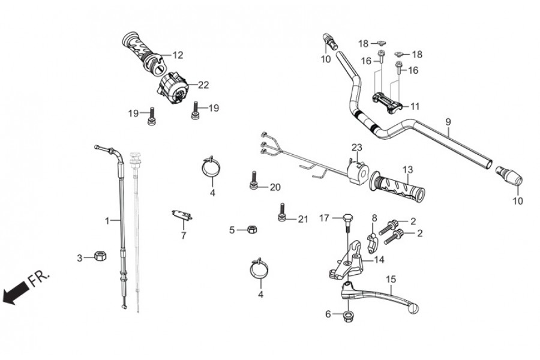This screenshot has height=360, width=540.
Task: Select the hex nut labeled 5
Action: (x=253, y=229)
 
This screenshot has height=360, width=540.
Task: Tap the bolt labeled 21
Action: (x=281, y=214)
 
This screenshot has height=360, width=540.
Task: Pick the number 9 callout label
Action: (x=448, y=122)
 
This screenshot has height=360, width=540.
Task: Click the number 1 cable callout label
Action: (x=108, y=221)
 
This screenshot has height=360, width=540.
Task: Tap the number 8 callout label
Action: (x=374, y=218)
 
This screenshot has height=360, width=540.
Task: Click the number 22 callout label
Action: (x=203, y=85)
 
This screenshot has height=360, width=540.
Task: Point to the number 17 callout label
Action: (x=324, y=217)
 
